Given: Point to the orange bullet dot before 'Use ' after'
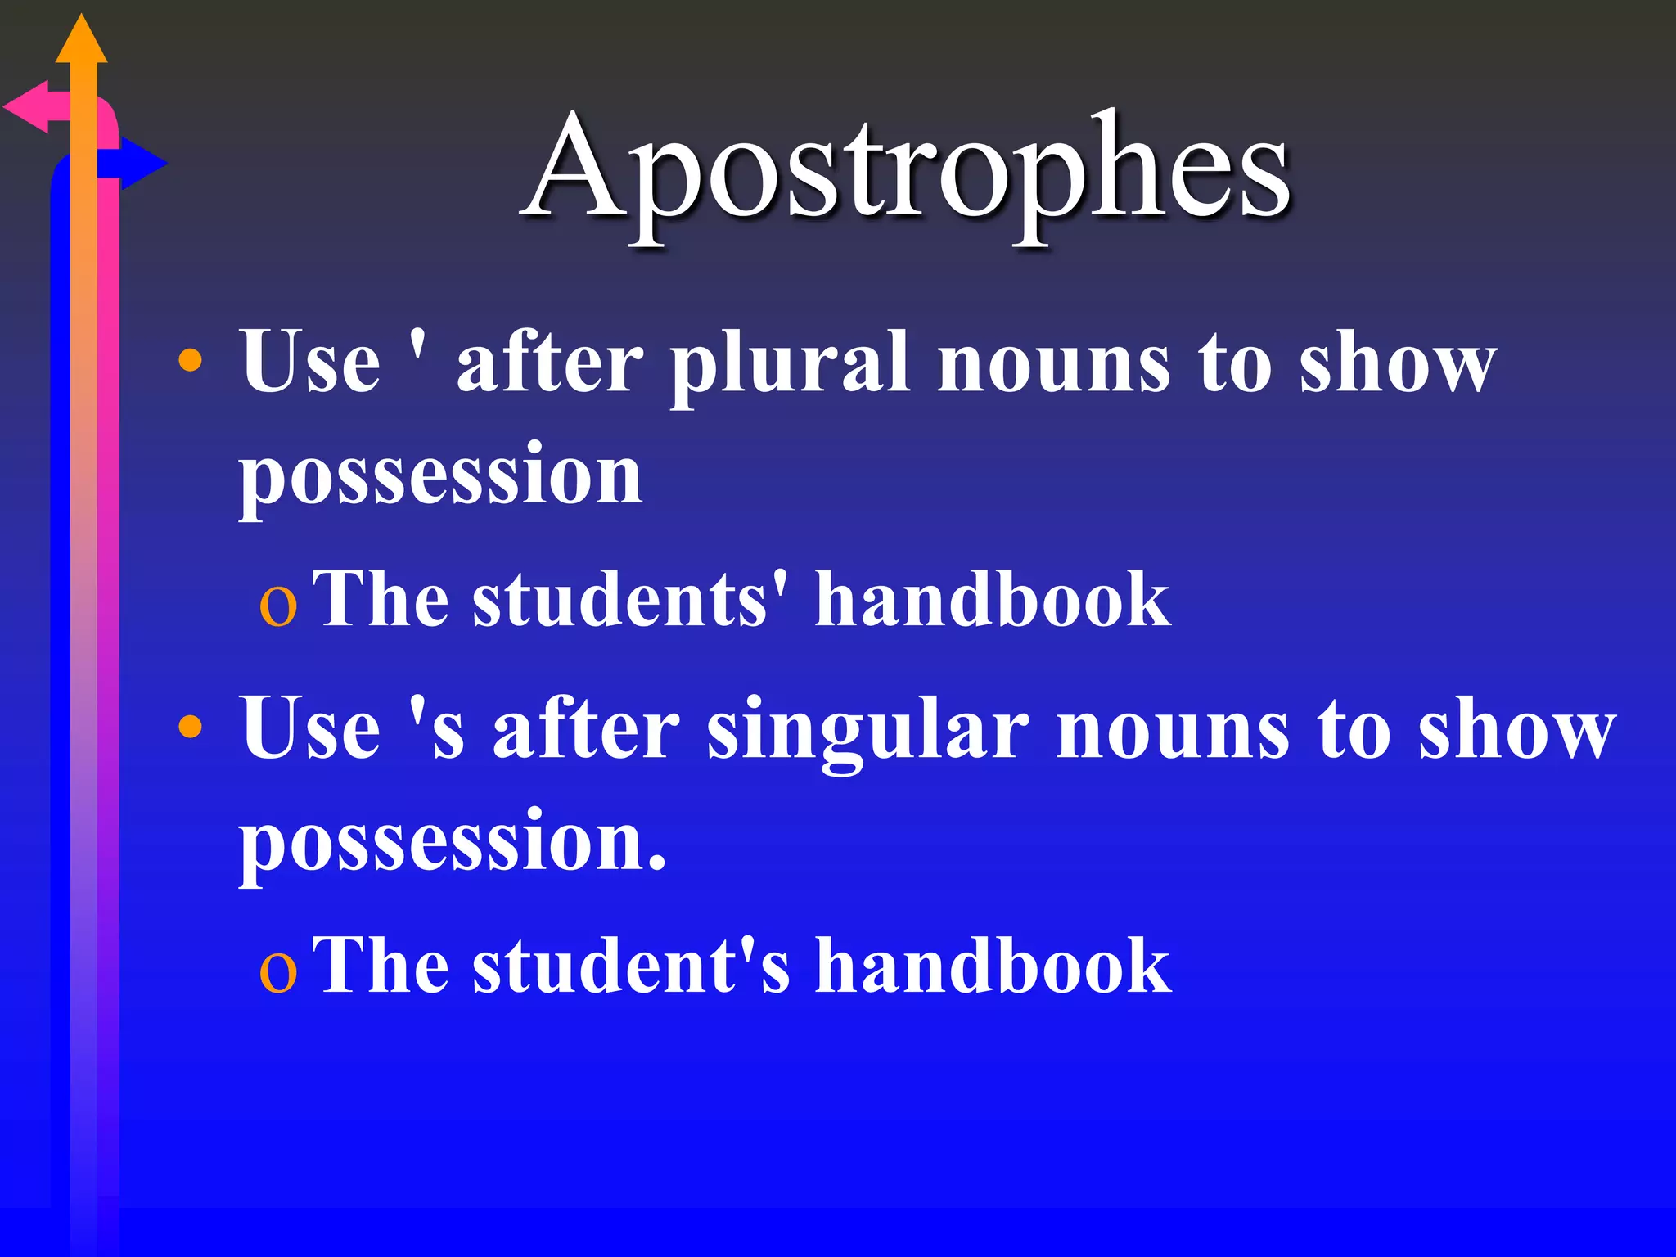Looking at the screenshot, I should click(x=190, y=360).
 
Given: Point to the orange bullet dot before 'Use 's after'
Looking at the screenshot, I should click(x=190, y=726).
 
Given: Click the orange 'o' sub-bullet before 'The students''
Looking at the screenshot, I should click(x=277, y=607).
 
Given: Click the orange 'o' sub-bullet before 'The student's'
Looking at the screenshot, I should click(x=277, y=974).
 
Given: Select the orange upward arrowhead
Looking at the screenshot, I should click(x=81, y=41).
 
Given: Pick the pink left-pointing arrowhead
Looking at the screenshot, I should click(x=26, y=107).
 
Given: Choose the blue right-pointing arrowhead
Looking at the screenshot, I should click(x=143, y=164).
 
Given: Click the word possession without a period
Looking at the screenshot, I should click(x=440, y=475).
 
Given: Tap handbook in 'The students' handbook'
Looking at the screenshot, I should click(x=992, y=600).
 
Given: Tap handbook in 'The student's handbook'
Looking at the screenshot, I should click(x=992, y=966).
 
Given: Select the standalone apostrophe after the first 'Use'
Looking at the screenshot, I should click(x=417, y=348).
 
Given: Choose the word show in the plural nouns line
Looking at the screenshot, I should click(x=1398, y=362).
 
